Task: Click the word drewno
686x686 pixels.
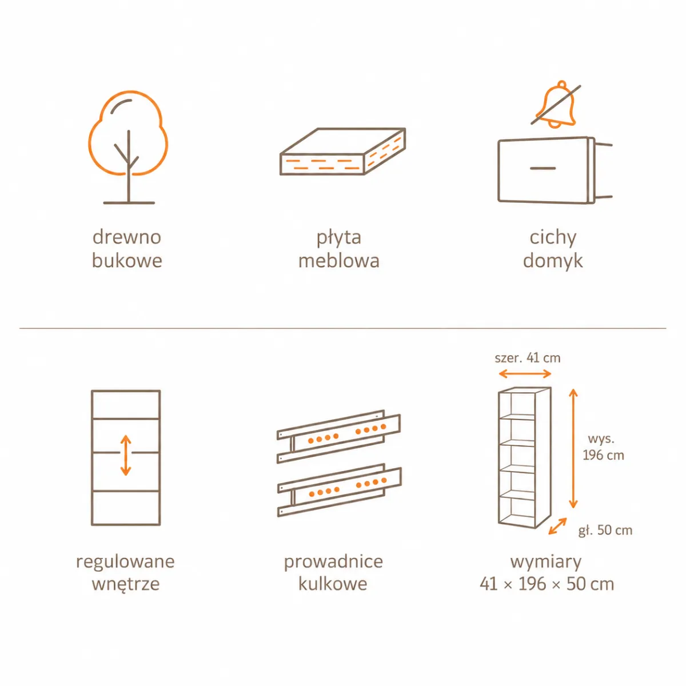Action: (x=127, y=237)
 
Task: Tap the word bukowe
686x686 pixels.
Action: (x=127, y=261)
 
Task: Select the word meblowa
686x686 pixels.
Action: (x=339, y=261)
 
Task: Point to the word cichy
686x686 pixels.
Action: (x=553, y=238)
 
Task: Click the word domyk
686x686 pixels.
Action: (x=553, y=261)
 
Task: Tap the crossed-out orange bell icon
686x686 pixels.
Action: (x=556, y=104)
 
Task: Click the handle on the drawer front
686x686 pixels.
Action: (x=543, y=168)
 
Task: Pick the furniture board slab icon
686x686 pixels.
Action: (x=343, y=151)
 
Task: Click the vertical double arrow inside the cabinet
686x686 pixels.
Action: (x=126, y=455)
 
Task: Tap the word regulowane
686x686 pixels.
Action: (x=125, y=563)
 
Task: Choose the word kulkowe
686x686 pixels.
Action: (x=333, y=584)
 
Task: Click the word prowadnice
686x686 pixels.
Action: (x=333, y=562)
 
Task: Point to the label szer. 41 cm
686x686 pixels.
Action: (x=528, y=358)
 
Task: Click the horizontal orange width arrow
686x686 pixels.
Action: (x=525, y=373)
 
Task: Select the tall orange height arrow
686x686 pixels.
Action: (x=573, y=448)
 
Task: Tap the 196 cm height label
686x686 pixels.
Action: (x=604, y=455)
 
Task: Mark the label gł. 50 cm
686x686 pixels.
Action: (x=605, y=530)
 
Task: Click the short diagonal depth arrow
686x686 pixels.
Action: (x=557, y=526)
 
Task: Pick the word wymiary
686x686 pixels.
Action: (x=546, y=563)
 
